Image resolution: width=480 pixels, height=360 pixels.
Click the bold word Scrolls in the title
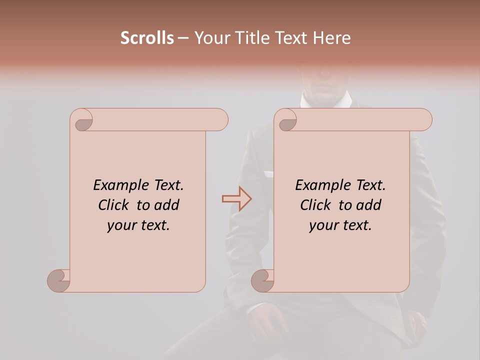coord(147,38)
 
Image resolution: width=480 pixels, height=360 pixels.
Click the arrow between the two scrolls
coord(236,199)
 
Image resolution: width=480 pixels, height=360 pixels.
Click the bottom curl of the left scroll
coord(58,280)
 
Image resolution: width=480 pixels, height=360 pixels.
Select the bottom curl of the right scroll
coord(262,280)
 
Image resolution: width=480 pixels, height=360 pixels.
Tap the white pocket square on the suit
coord(269,174)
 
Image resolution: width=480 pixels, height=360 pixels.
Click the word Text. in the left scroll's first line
coord(167,185)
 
